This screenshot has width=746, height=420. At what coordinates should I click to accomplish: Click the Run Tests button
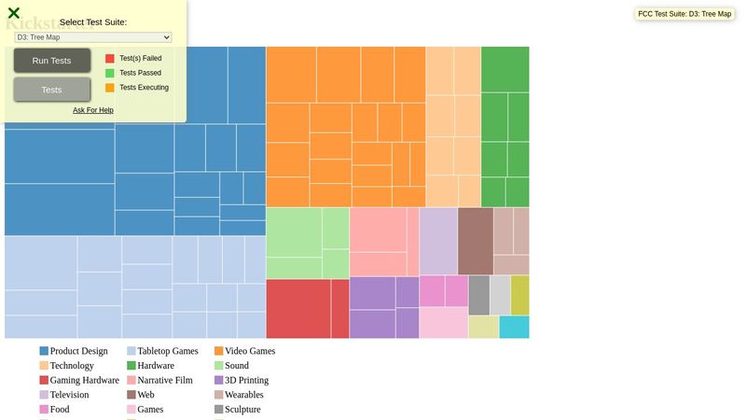52,61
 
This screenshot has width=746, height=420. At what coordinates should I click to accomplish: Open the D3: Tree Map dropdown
93,37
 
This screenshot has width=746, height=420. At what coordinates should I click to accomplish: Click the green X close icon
14,13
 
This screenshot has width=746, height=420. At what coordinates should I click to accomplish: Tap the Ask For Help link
93,110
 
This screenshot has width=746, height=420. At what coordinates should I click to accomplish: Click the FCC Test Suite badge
684,14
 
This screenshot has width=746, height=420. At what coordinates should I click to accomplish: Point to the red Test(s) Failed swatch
110,58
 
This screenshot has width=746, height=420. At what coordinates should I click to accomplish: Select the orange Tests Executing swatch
110,88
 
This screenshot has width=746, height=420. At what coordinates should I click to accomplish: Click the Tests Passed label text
140,73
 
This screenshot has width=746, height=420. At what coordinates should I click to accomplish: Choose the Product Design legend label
78,352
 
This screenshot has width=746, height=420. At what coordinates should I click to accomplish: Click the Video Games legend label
250,352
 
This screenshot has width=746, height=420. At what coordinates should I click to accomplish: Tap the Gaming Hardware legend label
84,381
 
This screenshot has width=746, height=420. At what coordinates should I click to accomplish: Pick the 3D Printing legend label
246,381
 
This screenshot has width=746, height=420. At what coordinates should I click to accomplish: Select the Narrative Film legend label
165,381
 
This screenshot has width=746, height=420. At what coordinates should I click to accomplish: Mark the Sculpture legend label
242,410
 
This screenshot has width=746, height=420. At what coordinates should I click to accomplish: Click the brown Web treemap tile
476,241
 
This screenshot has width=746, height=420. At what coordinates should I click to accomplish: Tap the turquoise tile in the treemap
514,327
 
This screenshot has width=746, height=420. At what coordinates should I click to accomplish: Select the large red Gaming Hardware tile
298,308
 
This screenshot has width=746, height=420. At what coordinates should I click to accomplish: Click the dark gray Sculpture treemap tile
478,295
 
